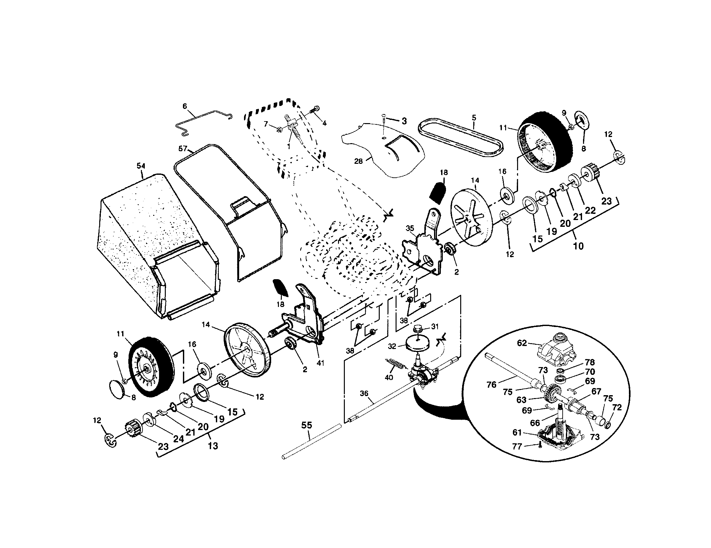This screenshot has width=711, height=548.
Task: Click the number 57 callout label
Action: click(183, 149)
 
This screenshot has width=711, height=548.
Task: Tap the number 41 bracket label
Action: click(320, 362)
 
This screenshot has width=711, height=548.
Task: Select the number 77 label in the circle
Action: click(517, 447)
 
